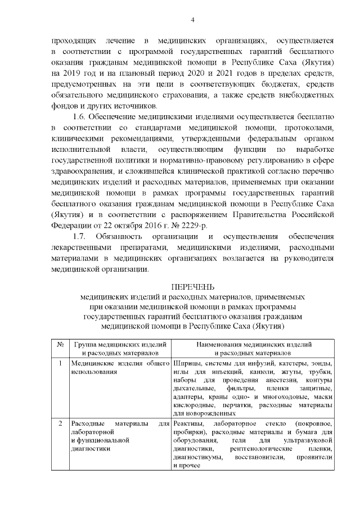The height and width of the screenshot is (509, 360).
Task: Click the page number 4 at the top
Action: [192, 21]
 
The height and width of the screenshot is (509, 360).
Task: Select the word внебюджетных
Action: [303, 95]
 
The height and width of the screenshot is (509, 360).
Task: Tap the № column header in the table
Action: [60, 344]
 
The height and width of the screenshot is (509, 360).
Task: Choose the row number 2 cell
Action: [60, 423]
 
